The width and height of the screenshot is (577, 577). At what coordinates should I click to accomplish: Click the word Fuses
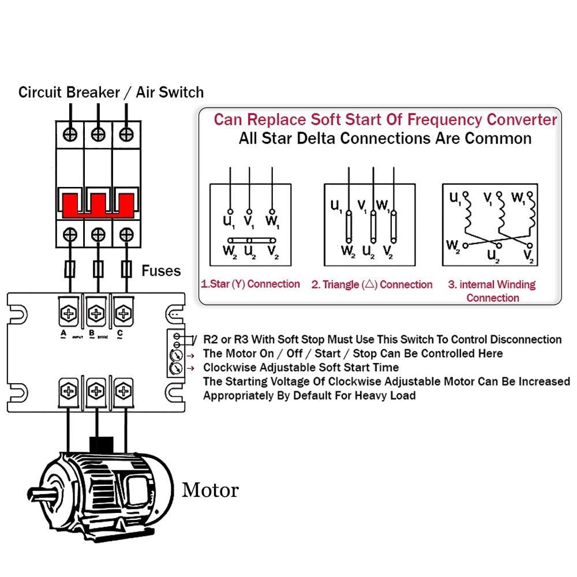[161, 271]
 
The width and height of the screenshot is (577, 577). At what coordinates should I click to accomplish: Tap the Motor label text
[210, 490]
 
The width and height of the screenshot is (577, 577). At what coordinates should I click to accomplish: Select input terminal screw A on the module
[69, 314]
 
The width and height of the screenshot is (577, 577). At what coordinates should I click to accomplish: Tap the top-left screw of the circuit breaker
[70, 134]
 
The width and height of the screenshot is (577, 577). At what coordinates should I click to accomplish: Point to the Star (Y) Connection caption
[250, 284]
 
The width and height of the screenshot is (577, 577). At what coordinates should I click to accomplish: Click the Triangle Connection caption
[372, 284]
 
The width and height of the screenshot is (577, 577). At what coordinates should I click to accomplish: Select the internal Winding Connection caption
[492, 291]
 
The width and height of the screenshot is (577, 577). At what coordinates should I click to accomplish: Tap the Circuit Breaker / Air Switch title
[111, 92]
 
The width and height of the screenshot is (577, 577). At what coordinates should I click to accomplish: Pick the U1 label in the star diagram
[229, 220]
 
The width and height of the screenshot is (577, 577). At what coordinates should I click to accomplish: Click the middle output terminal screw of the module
[96, 391]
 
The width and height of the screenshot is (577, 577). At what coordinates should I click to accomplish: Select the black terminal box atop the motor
[100, 445]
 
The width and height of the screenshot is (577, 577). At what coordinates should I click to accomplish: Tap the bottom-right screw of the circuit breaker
[126, 234]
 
